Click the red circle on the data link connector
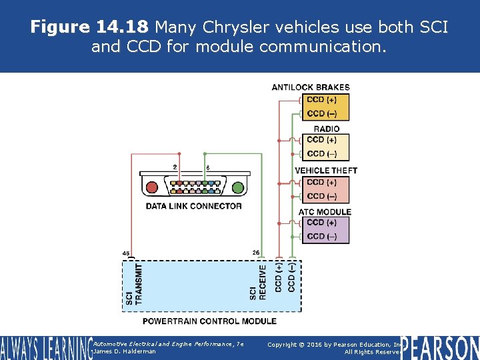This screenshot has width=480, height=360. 152,187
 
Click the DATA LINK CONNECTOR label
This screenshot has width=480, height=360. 193,206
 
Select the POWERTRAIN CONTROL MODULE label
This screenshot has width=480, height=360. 209,321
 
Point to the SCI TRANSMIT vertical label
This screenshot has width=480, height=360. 134,285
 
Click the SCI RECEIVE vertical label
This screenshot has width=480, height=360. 257,283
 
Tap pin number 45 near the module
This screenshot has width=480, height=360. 126,253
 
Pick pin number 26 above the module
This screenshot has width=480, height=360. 256,252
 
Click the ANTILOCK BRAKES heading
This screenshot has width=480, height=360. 310,87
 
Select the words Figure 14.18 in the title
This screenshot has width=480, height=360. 91,27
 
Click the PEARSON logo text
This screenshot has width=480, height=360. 439,347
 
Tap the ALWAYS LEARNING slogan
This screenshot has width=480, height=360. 45,348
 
